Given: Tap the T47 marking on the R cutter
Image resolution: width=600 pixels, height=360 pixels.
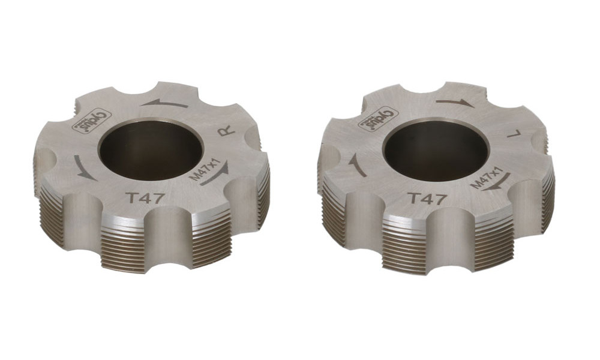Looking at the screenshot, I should [143, 199].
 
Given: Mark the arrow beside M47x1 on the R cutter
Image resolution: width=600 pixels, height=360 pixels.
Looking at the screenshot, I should [216, 176].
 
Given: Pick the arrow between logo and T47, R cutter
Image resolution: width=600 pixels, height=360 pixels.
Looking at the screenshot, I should [84, 167].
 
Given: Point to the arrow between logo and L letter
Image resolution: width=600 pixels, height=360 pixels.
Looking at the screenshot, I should [454, 103].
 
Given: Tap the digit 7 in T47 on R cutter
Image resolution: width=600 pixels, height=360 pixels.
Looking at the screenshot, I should [157, 199].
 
